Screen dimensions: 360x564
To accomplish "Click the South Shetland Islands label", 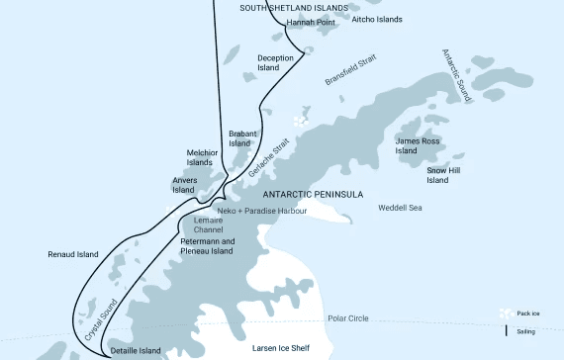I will [295, 8].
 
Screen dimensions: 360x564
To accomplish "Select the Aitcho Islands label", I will [377, 19].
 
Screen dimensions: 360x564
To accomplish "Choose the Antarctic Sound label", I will [458, 75].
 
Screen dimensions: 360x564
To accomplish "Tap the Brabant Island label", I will [240, 138].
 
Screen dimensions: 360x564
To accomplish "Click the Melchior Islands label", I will [200, 158].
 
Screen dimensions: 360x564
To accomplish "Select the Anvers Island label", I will [184, 185].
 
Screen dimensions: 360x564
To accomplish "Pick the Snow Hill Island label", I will [437, 175].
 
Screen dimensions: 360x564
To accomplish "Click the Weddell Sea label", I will [401, 208].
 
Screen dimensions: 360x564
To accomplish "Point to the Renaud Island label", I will [73, 254].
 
